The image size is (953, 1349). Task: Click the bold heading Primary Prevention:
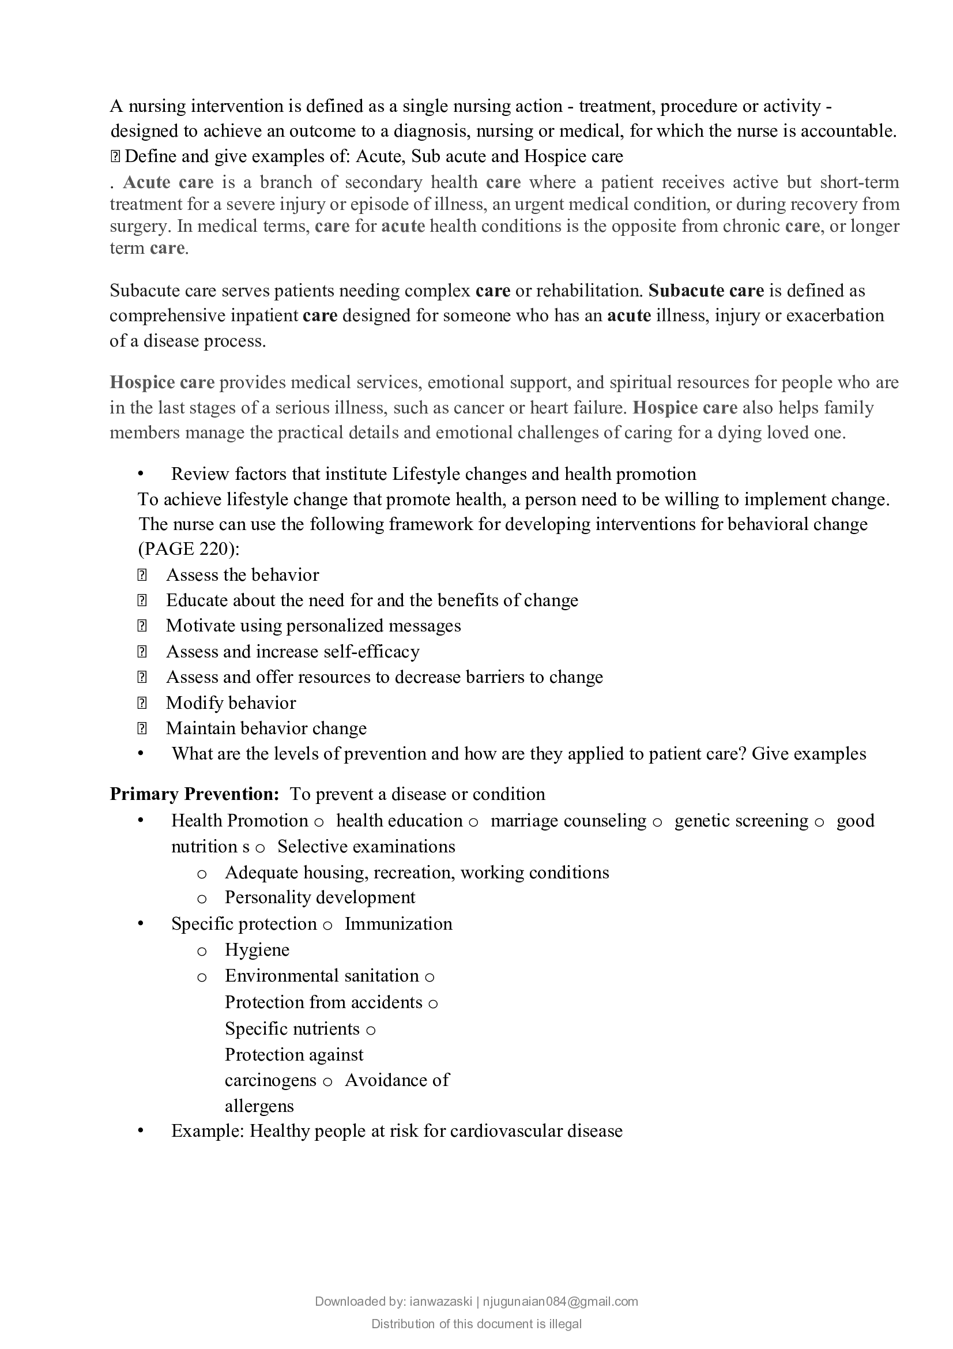point(194,794)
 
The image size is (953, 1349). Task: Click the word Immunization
point(398,923)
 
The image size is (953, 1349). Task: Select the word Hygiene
point(257,950)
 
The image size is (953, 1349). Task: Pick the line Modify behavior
point(231,702)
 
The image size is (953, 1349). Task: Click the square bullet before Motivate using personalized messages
point(141,626)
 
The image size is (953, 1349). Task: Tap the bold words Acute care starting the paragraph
point(168,182)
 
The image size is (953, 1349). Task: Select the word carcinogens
point(270,1080)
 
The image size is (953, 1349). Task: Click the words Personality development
point(319,897)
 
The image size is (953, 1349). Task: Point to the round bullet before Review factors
point(141,474)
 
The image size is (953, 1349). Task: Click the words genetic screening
point(741,821)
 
